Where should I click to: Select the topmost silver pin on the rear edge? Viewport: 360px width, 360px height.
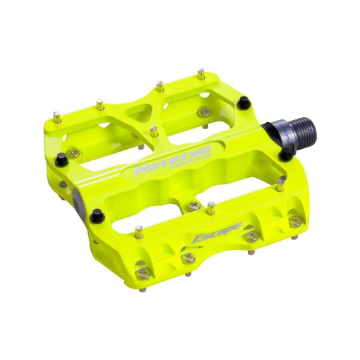click(x=201, y=72)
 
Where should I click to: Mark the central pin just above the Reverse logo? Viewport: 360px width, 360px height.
click(x=152, y=131)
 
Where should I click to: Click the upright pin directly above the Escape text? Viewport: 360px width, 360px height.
click(x=210, y=208)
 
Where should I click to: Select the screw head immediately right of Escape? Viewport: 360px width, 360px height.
click(x=251, y=236)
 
